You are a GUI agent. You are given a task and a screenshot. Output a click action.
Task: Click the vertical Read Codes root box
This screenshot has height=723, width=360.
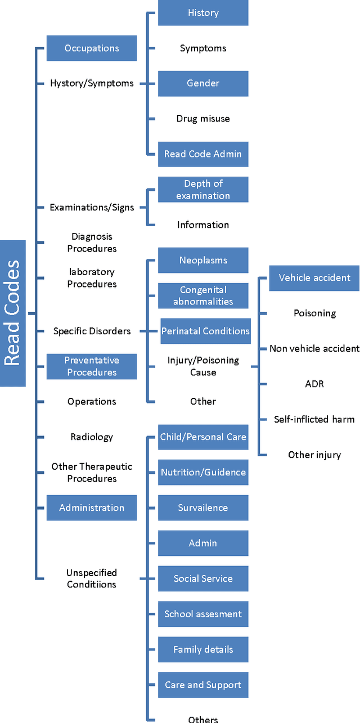(x=12, y=313)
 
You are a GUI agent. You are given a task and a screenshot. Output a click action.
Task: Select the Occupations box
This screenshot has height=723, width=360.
(x=91, y=48)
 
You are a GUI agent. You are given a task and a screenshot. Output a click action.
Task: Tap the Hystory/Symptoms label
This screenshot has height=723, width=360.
(x=92, y=83)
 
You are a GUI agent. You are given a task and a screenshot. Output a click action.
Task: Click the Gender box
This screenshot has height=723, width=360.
(x=203, y=83)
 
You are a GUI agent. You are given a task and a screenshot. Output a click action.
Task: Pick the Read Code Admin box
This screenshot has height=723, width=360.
(x=203, y=154)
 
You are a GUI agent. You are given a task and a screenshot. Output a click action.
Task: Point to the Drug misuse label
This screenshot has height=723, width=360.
(x=203, y=119)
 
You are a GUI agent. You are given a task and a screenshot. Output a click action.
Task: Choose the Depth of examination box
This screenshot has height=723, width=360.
(x=203, y=190)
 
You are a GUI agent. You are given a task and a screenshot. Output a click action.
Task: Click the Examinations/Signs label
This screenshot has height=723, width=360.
(x=92, y=207)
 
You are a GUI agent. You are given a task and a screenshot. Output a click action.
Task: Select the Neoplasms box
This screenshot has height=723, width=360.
(x=203, y=261)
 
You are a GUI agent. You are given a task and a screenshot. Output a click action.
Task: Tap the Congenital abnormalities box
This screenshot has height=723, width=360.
(x=203, y=295)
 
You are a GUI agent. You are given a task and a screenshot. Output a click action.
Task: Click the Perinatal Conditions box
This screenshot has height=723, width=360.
(x=205, y=331)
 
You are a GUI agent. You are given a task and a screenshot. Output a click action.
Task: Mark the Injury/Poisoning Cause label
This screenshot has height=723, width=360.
(x=203, y=366)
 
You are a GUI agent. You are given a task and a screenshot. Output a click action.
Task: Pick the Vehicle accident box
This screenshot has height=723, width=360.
(x=314, y=278)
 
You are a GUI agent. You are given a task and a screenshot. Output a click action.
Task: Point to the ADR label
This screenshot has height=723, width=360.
(x=314, y=384)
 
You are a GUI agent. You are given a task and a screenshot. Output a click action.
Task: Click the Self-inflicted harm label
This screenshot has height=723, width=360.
(x=314, y=419)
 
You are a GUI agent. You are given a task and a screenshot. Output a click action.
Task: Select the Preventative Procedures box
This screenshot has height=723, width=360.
(x=91, y=366)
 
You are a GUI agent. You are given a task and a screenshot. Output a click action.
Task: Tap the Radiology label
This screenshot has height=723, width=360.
(x=92, y=437)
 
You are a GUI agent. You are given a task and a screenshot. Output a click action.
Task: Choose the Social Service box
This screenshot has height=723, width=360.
(x=203, y=578)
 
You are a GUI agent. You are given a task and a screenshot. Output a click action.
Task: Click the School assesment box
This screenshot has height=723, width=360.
(x=203, y=614)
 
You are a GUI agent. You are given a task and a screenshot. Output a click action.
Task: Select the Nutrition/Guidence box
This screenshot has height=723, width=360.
(x=203, y=472)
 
